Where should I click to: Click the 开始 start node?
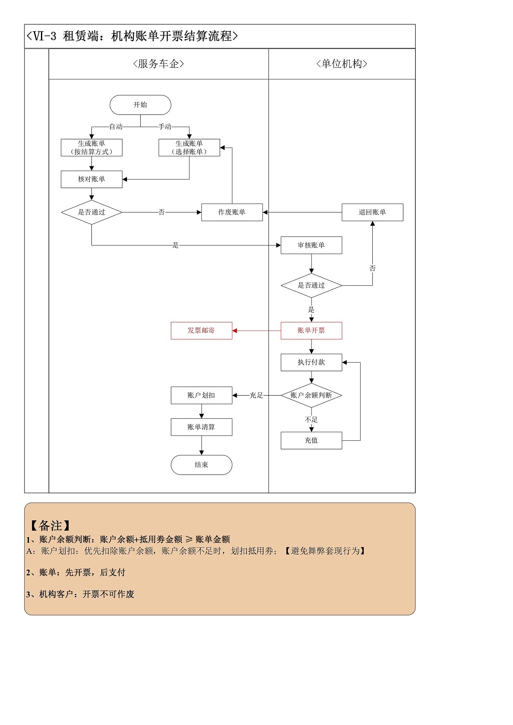point(140,105)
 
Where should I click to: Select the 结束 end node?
point(201,465)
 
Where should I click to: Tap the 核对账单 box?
point(91,179)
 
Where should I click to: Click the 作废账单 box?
point(232,212)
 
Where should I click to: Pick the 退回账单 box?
point(372,212)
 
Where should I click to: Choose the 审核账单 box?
point(311,246)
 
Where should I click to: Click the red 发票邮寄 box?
point(201,331)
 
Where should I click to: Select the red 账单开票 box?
point(311,331)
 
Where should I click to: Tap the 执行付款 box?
point(311,362)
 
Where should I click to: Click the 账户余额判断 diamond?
point(311,396)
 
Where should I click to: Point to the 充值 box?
point(311,441)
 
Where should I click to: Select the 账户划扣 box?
point(201,396)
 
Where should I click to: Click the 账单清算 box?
point(201,427)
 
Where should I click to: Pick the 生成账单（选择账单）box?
point(189,148)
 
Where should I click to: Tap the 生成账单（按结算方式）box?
point(91,148)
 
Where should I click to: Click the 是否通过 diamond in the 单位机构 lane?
point(311,286)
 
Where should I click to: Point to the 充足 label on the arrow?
point(256,396)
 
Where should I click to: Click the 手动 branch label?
point(165,126)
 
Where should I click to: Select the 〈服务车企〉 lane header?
point(158,64)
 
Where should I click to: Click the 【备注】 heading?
point(50,526)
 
